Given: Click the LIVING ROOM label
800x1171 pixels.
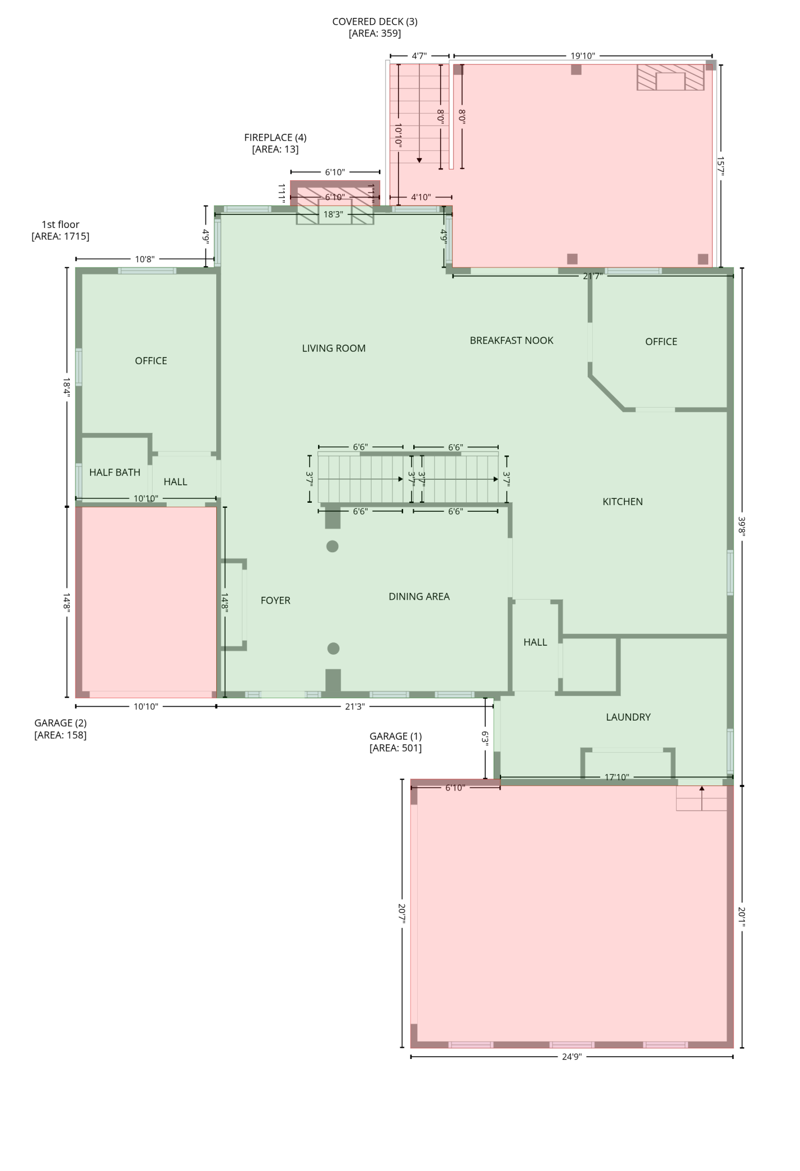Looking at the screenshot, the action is point(334,348).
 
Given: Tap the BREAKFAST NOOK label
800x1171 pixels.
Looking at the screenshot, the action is point(511,341).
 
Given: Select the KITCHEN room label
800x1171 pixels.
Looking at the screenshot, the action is point(622,502).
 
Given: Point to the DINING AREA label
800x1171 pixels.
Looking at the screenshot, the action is point(419,597).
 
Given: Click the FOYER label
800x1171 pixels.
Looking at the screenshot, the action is point(275,601).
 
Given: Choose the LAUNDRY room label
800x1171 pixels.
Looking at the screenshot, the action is point(628,717).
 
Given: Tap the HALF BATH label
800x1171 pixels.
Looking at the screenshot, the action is point(115,472).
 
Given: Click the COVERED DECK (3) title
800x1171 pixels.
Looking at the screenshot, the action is point(375,22).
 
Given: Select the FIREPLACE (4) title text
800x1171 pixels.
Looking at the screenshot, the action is point(275,137).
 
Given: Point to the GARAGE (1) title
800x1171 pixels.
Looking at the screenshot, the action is point(395,736).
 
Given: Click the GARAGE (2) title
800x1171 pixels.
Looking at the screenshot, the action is point(60,723).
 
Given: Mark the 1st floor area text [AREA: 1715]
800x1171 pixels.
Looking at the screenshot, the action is point(60,236).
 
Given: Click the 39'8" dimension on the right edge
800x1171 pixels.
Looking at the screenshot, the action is point(742,526).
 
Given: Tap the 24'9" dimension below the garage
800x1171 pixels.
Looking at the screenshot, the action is point(571,1057).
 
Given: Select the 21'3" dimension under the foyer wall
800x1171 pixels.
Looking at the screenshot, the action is point(355,707).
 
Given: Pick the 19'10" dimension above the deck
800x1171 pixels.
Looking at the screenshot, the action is point(583,56).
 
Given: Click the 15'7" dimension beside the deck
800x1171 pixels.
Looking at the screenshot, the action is point(721,166).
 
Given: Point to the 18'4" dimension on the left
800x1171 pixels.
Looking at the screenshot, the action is point(66,387).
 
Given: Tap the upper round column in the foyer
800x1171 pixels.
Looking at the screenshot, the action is point(333,546).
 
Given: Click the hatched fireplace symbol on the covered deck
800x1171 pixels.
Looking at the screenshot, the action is point(670,78).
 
